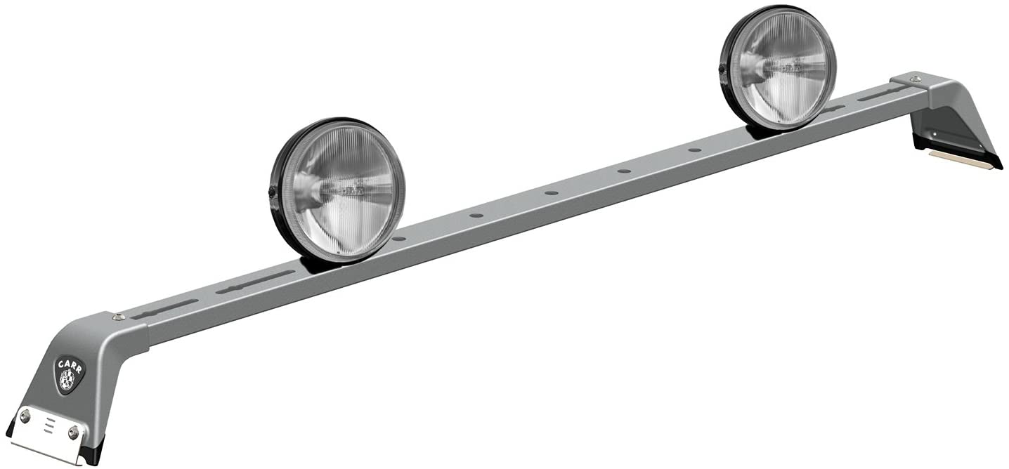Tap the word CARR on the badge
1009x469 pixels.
[70, 366]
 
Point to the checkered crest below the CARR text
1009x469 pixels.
[69, 380]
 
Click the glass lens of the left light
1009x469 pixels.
[339, 190]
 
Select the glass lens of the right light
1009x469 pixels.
[780, 67]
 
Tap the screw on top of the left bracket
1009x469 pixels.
[119, 317]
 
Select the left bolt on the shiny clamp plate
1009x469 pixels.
[25, 416]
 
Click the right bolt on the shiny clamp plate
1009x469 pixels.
[73, 432]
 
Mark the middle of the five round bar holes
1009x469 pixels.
[550, 192]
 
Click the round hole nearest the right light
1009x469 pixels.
[694, 150]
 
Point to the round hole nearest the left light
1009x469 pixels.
[399, 239]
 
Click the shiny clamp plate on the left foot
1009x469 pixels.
[47, 434]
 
